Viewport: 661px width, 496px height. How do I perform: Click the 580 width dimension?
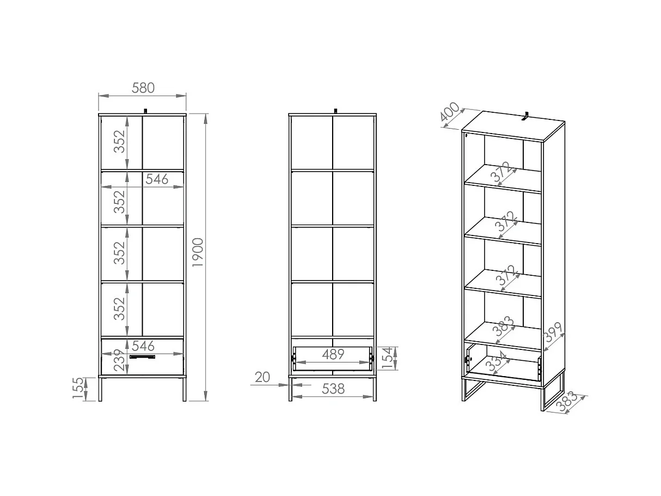point(143,87)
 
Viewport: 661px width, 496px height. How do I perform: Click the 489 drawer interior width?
point(333,354)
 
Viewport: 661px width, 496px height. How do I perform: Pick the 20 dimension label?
point(262,377)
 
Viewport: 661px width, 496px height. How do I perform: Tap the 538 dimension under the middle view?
point(333,389)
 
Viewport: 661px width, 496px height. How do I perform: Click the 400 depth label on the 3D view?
point(450,113)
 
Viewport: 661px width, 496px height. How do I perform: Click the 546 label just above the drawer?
point(143,346)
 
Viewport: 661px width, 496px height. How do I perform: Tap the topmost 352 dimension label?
point(120,142)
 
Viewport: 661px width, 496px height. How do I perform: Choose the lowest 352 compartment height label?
point(120,309)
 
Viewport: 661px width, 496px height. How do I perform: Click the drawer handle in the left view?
point(142,357)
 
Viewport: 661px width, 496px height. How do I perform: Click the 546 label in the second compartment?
point(157,179)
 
